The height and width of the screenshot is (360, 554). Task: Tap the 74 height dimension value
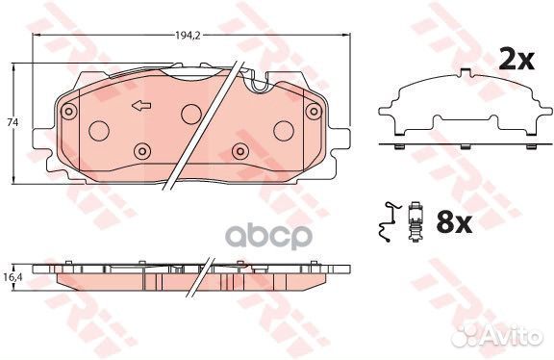click(13, 122)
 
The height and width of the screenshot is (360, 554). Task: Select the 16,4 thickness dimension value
click(13, 277)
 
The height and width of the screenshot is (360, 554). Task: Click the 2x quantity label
click(516, 60)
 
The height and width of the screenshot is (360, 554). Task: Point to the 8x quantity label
click(454, 222)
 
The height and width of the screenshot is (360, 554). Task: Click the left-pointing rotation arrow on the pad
click(141, 105)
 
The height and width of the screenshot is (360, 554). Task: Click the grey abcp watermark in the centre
click(268, 236)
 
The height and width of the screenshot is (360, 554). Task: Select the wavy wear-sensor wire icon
click(389, 222)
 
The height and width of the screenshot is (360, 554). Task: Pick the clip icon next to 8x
click(415, 221)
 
